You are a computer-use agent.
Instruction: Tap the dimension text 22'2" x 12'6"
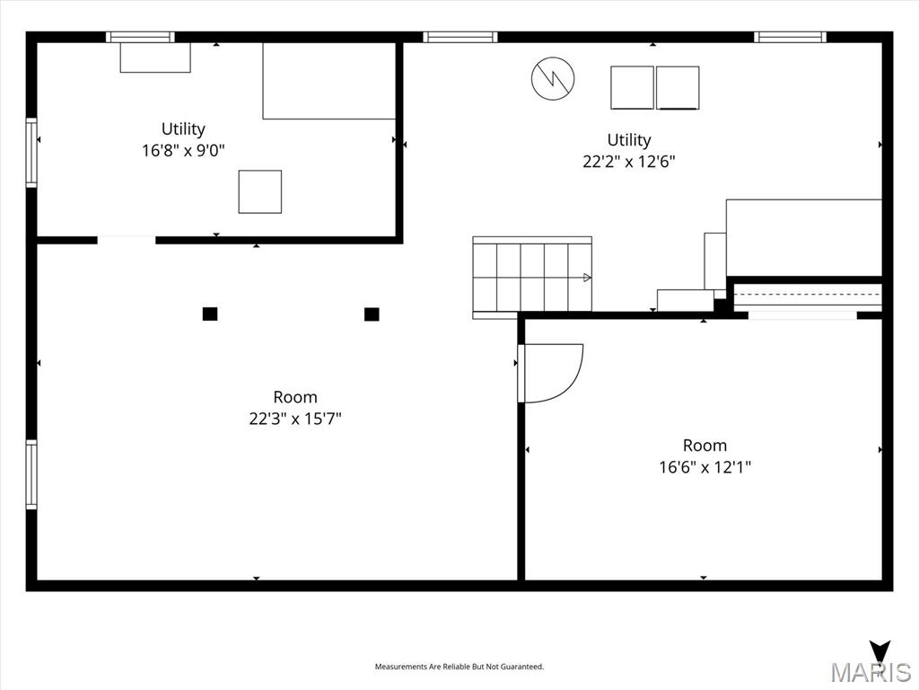click(628, 162)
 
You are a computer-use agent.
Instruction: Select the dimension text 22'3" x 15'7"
click(295, 419)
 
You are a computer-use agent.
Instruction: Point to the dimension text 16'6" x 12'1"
click(705, 467)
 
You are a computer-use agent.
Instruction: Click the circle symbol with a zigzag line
click(552, 78)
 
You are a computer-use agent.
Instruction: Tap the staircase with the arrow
click(532, 278)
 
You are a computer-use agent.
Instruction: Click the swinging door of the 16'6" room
click(552, 372)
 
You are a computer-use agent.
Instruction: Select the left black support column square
click(210, 314)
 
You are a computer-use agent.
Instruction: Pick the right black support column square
click(372, 314)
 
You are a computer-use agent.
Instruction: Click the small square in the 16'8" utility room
click(259, 191)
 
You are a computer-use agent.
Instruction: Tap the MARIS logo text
click(870, 672)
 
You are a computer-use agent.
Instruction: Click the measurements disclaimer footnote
click(459, 667)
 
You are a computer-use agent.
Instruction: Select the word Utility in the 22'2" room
click(628, 140)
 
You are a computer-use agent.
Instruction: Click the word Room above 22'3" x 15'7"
click(295, 397)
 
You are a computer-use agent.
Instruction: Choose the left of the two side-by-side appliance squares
click(632, 87)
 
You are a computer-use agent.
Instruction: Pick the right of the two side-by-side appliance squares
click(678, 87)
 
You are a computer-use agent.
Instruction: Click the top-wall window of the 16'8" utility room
click(140, 37)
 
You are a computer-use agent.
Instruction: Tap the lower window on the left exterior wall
click(31, 474)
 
